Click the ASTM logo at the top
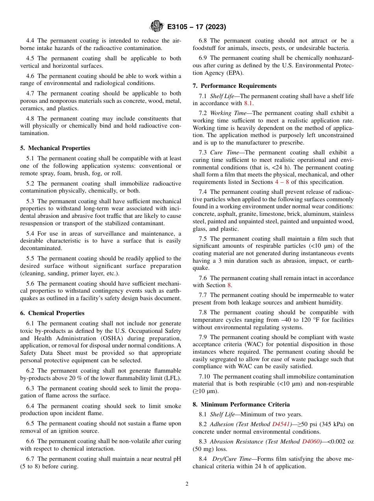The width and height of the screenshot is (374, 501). pyautogui.click(x=157, y=27)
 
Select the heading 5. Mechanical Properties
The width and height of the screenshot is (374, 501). pyautogui.click(x=55, y=148)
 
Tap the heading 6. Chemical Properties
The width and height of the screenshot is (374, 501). pyautogui.click(x=52, y=313)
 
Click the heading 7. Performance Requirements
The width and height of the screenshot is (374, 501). pyautogui.click(x=235, y=86)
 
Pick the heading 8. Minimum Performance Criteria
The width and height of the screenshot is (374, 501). pyautogui.click(x=241, y=405)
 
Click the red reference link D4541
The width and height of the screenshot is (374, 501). pyautogui.click(x=282, y=424)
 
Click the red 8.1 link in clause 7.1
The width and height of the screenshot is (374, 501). pyautogui.click(x=248, y=104)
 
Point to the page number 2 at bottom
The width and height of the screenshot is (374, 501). pyautogui.click(x=187, y=484)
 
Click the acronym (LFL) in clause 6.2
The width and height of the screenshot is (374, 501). pyautogui.click(x=172, y=378)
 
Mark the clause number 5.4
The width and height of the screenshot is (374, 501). pyautogui.click(x=30, y=234)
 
